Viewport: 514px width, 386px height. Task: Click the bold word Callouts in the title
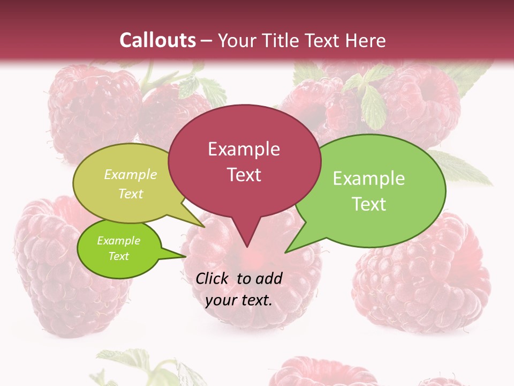(x=158, y=40)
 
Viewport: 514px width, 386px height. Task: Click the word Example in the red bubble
(x=244, y=149)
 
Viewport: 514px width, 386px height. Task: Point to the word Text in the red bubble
(x=244, y=175)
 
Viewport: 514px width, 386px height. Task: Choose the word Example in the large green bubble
(x=368, y=179)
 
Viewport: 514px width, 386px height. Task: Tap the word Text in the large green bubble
(x=368, y=204)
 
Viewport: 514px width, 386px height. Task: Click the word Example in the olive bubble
(x=131, y=174)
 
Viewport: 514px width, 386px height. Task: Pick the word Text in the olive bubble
(x=131, y=194)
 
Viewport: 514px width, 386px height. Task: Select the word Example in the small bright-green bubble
(x=118, y=241)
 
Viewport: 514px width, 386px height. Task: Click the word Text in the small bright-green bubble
(x=118, y=256)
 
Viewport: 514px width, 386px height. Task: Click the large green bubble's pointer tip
(x=285, y=252)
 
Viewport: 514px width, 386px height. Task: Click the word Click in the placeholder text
(x=213, y=278)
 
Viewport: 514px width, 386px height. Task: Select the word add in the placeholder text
(x=269, y=278)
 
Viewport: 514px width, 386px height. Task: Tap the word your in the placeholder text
(x=220, y=300)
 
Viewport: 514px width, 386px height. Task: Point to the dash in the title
(x=207, y=40)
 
